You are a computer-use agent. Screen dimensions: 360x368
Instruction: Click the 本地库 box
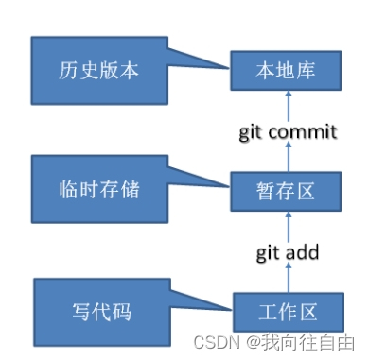pyautogui.click(x=285, y=72)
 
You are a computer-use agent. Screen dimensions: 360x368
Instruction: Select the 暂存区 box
pyautogui.click(x=285, y=190)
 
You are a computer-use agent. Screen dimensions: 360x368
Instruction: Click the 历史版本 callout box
pyautogui.click(x=93, y=72)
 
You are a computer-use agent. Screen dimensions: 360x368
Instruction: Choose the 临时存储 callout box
pyautogui.click(x=93, y=189)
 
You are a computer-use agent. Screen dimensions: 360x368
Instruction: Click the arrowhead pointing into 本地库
pyautogui.click(x=286, y=97)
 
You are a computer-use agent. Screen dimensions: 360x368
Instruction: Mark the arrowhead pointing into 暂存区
pyautogui.click(x=286, y=216)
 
